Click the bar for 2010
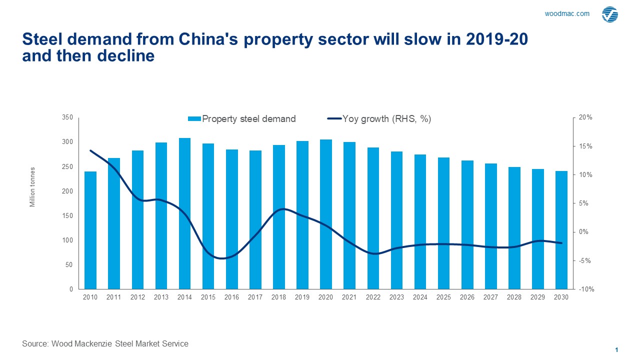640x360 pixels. pyautogui.click(x=90, y=230)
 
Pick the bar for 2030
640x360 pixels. pyautogui.click(x=561, y=230)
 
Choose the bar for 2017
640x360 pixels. pyautogui.click(x=255, y=220)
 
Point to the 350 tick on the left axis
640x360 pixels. pyautogui.click(x=67, y=117)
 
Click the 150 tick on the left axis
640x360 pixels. pyautogui.click(x=67, y=216)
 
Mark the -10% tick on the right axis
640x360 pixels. pyautogui.click(x=586, y=289)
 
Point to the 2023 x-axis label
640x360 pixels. pyautogui.click(x=396, y=297)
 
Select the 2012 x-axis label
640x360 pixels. pyautogui.click(x=137, y=297)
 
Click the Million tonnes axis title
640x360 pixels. pyautogui.click(x=32, y=187)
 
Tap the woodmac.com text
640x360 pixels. pyautogui.click(x=567, y=14)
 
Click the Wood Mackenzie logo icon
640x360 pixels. pyautogui.click(x=609, y=14)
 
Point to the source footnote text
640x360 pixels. pyautogui.click(x=105, y=343)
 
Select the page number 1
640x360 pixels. pyautogui.click(x=617, y=349)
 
